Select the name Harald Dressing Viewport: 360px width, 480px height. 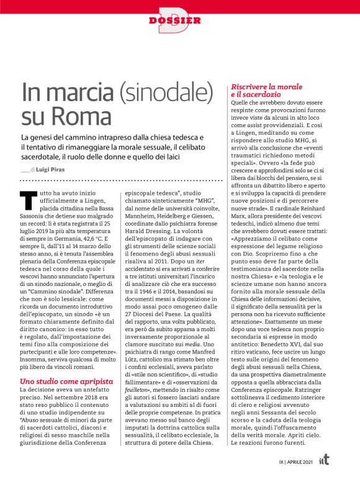pos(146,236)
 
